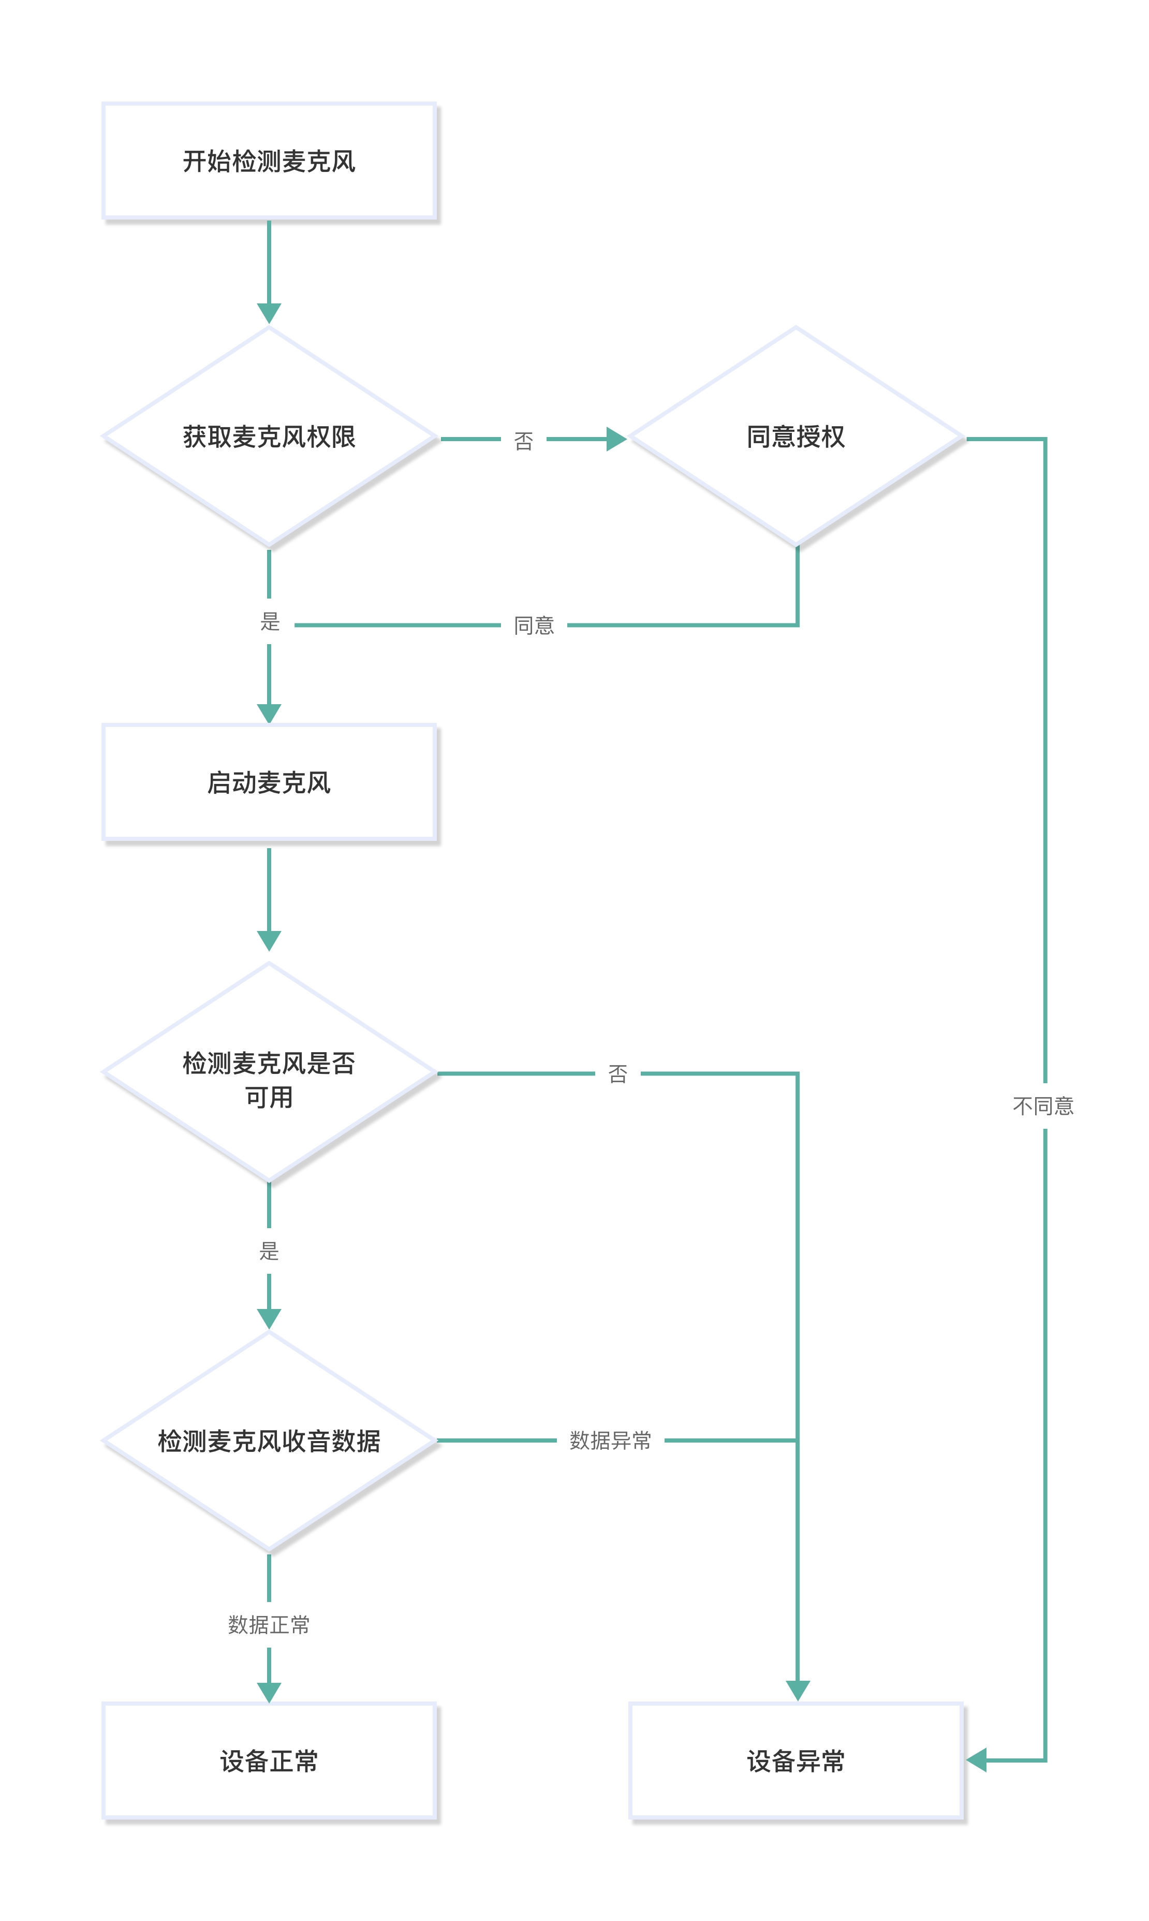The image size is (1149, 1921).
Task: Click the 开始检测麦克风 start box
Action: (269, 161)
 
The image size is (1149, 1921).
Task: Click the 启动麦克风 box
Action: (269, 782)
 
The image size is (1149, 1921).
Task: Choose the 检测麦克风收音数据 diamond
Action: (269, 1440)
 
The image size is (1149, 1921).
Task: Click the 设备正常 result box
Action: (269, 1760)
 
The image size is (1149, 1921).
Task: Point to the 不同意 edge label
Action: (1044, 1106)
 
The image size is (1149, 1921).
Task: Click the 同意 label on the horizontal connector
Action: (534, 625)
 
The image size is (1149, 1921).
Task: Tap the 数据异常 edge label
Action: (610, 1440)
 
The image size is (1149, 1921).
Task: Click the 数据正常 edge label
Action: (269, 1624)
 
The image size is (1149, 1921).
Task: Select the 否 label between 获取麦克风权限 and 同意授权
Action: (523, 441)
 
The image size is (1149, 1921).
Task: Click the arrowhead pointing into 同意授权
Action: (615, 439)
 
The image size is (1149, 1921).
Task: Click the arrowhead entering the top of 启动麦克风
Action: (269, 712)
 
